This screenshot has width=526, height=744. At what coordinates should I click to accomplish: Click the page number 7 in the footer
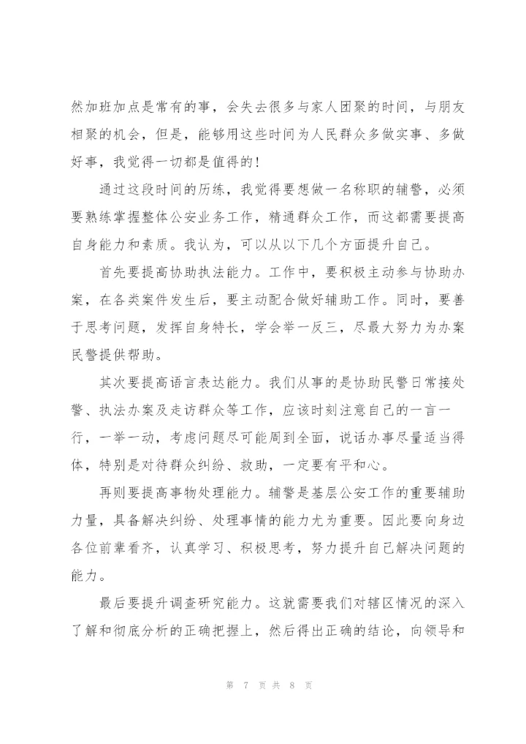click(x=247, y=685)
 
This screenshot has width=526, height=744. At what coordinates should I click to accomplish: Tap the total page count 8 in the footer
click(x=291, y=685)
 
